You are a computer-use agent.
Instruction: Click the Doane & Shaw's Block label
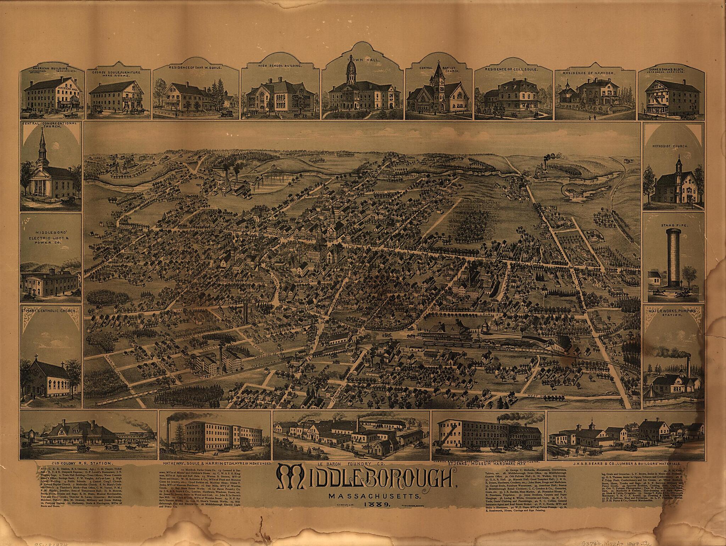coord(665,68)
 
